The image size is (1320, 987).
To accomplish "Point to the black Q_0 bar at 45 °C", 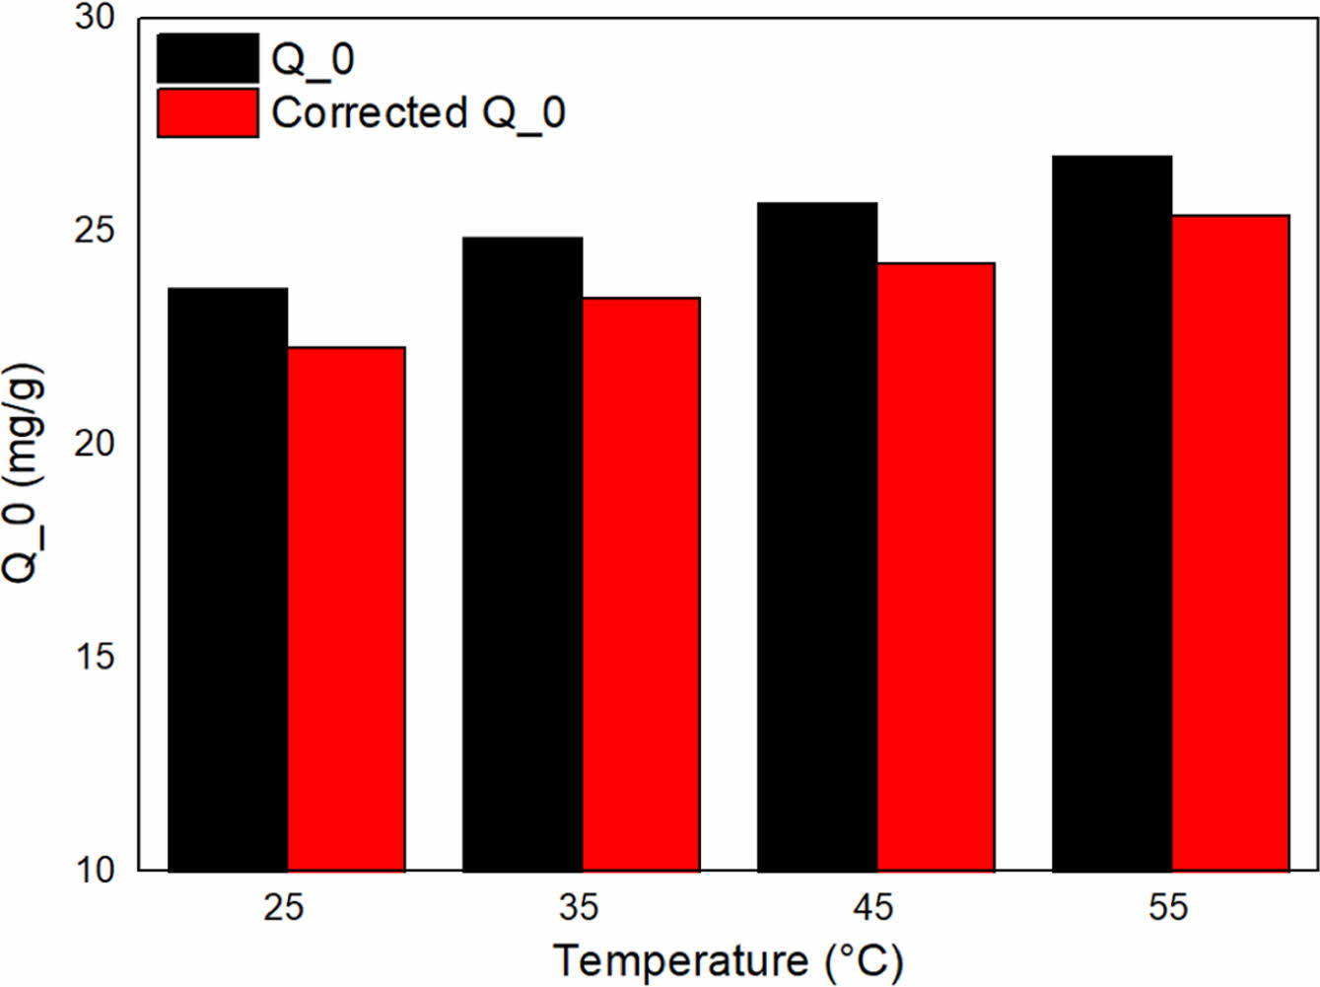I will [817, 537].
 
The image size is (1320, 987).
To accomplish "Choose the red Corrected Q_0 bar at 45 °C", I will [936, 567].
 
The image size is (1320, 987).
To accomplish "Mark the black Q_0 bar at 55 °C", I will [1112, 514].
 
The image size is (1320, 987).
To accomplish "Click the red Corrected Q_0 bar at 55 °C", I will [1230, 543].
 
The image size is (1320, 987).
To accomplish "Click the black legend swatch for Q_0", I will [208, 58].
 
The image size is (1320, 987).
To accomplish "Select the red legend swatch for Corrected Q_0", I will [208, 113].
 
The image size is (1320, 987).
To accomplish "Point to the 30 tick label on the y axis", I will [95, 18].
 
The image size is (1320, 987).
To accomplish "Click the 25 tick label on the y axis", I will [95, 231].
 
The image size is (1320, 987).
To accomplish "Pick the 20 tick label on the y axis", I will [95, 444].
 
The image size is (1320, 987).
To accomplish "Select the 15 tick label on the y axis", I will [95, 657].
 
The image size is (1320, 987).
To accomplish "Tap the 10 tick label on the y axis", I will [95, 870].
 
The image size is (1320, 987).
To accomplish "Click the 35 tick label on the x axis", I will [579, 907].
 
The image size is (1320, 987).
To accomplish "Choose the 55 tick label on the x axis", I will [1169, 907].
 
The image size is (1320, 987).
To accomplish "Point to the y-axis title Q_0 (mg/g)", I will [24, 473].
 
